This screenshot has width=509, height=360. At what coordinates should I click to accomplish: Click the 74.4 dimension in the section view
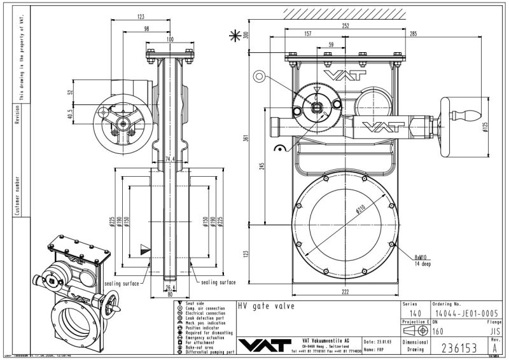tap(169, 159)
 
